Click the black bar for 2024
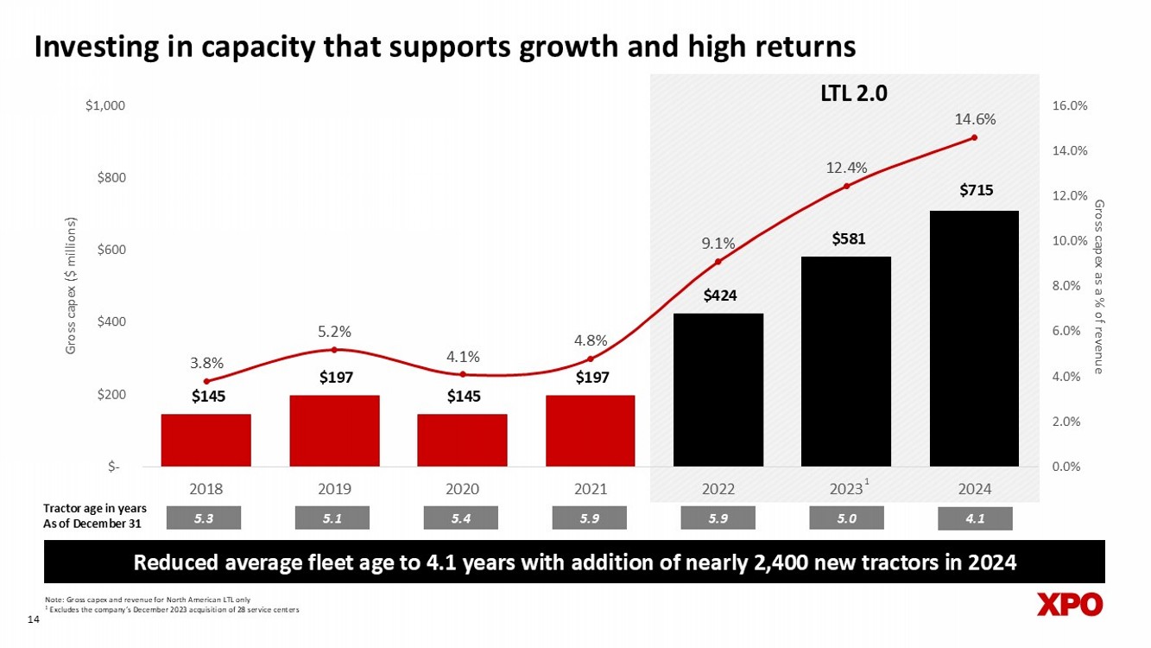[974, 339]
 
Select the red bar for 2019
[334, 431]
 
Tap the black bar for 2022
[718, 390]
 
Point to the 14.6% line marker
[974, 137]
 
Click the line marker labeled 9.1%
[718, 261]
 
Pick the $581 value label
[846, 239]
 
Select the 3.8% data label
[206, 364]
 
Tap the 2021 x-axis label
[590, 488]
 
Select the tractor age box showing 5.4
[461, 518]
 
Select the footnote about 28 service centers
[173, 611]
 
